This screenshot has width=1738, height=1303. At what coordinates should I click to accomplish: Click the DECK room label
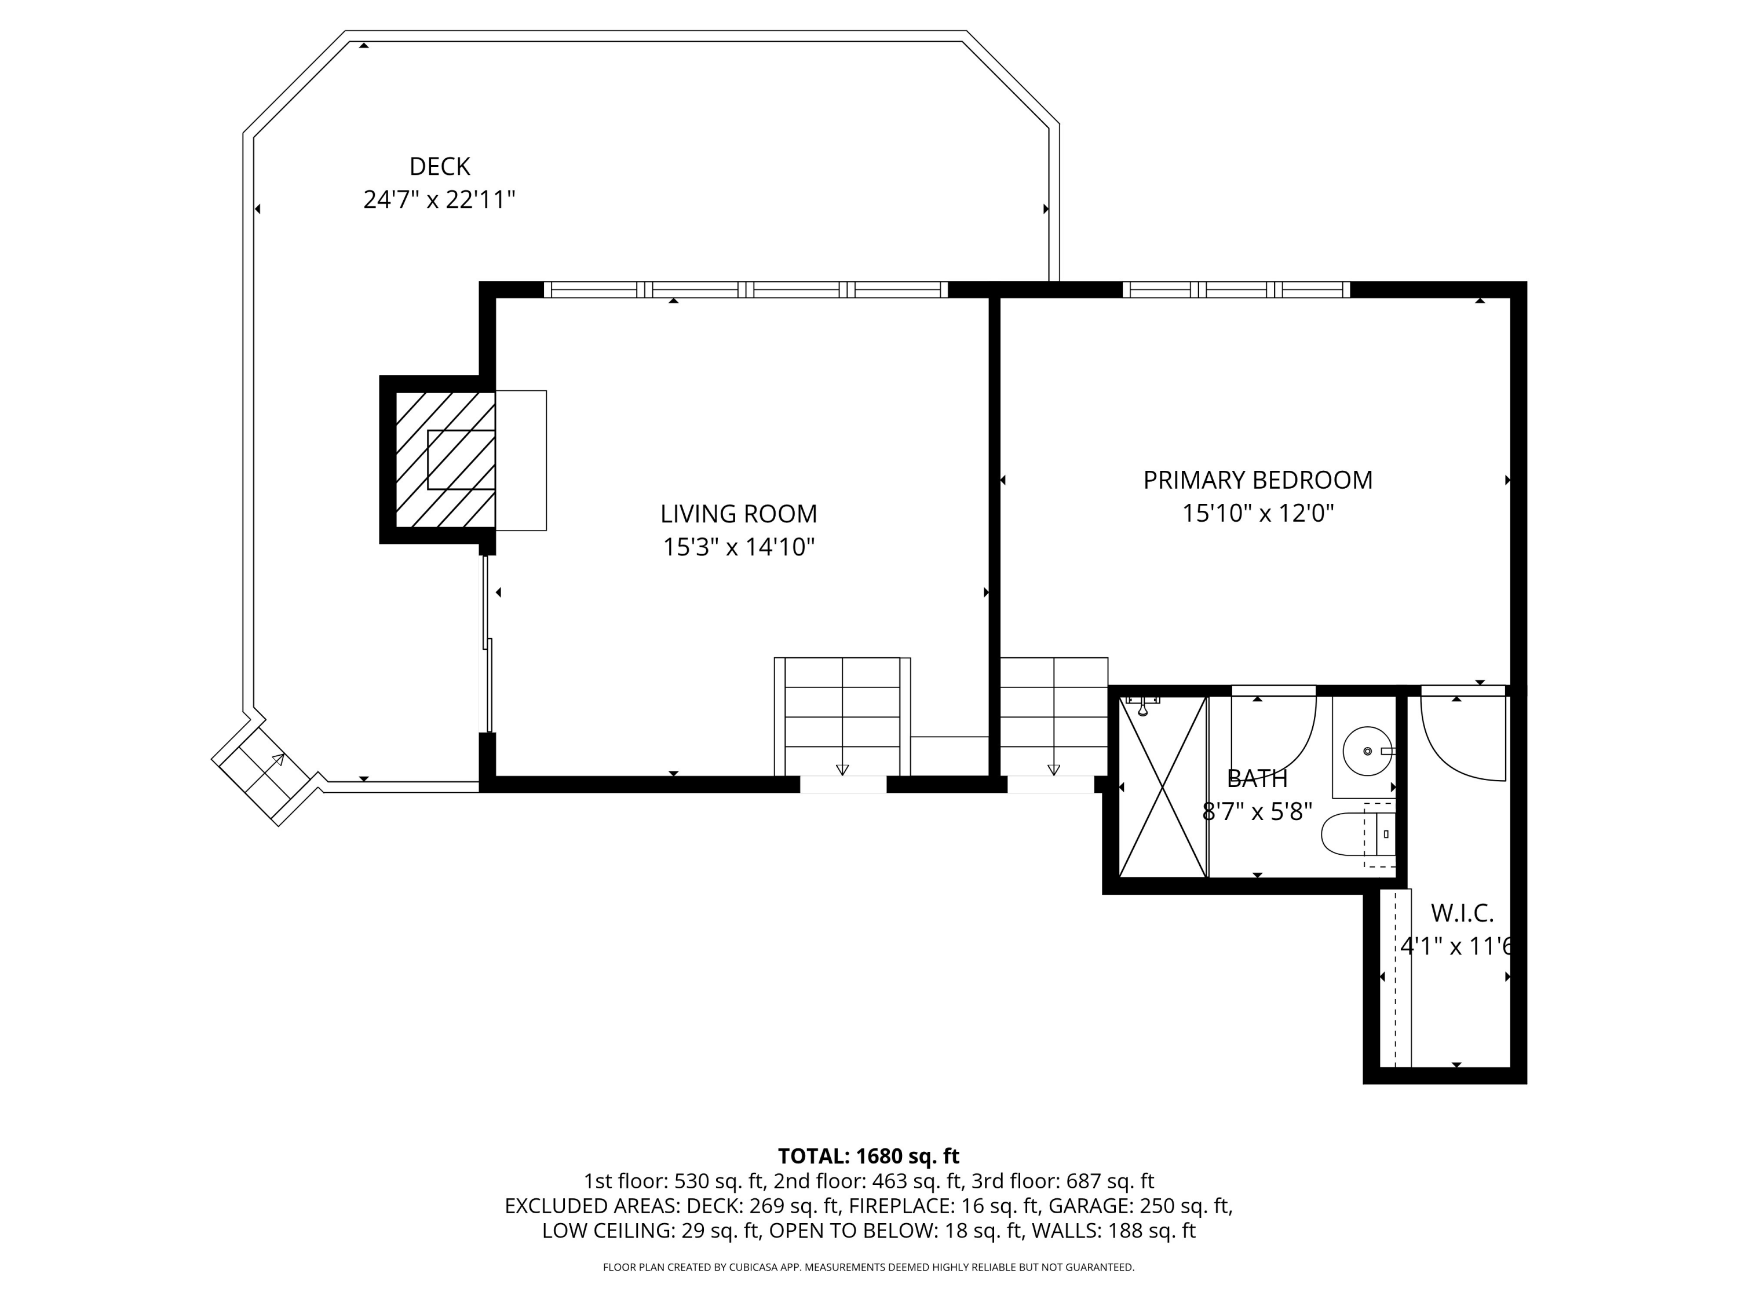point(439,167)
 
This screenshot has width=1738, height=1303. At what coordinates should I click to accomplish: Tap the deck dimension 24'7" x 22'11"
point(439,199)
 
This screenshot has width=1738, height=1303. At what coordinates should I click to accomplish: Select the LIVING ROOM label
point(739,514)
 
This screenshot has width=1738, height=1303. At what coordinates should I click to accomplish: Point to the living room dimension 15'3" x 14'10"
point(739,547)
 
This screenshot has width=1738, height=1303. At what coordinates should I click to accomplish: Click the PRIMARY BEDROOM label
point(1258,480)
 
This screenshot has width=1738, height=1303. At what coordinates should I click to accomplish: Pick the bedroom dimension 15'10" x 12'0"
point(1258,513)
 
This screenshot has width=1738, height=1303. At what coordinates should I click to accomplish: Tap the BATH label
point(1257,778)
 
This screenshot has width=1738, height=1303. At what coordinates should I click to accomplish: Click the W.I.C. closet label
point(1462,913)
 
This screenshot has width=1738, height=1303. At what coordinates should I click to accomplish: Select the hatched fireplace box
point(445,459)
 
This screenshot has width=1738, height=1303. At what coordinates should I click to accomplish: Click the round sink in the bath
point(1368,751)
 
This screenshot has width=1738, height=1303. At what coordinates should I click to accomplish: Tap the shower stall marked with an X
point(1162,787)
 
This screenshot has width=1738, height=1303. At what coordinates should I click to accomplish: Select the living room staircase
point(842,716)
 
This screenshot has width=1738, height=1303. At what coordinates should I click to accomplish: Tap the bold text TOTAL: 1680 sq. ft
point(868,1156)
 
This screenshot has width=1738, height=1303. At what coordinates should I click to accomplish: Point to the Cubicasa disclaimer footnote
point(868,1267)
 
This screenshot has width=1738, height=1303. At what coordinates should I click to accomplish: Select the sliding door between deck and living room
point(487,644)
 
